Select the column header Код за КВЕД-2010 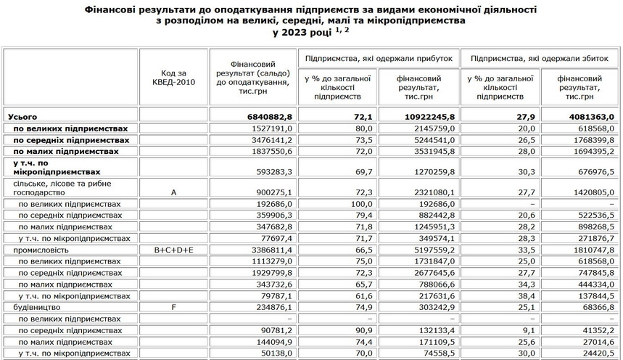click(173, 78)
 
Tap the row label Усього click(21, 116)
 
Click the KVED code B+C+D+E click(173, 250)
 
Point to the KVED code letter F click(173, 307)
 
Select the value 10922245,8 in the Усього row click(426, 116)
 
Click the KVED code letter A click(173, 192)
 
